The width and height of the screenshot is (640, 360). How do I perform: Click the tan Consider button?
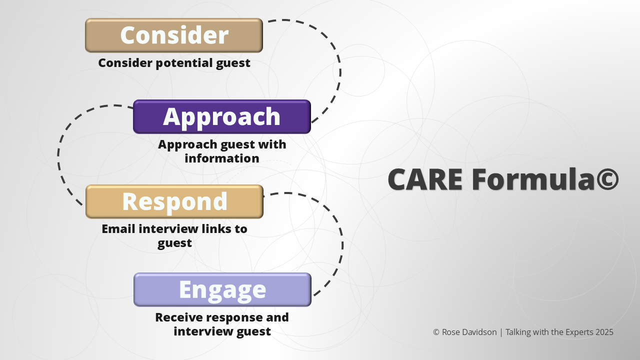[x=173, y=35]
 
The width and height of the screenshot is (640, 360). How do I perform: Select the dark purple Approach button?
[x=221, y=116]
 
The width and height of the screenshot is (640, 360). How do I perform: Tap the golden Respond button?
[x=174, y=201]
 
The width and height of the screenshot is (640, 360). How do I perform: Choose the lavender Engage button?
[x=222, y=289]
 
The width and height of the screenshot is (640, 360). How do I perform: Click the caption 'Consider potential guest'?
[x=174, y=63]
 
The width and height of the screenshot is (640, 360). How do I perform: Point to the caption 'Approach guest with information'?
[x=222, y=151]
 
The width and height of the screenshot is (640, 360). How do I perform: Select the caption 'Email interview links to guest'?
[x=174, y=236]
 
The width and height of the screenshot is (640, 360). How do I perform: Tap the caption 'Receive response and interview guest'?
[x=222, y=324]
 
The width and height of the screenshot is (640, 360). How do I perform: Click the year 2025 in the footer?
[x=604, y=332]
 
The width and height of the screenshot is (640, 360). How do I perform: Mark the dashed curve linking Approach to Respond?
[x=58, y=155]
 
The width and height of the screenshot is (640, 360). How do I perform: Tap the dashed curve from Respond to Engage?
[x=342, y=245]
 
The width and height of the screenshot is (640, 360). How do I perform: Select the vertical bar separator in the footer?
[x=501, y=332]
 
